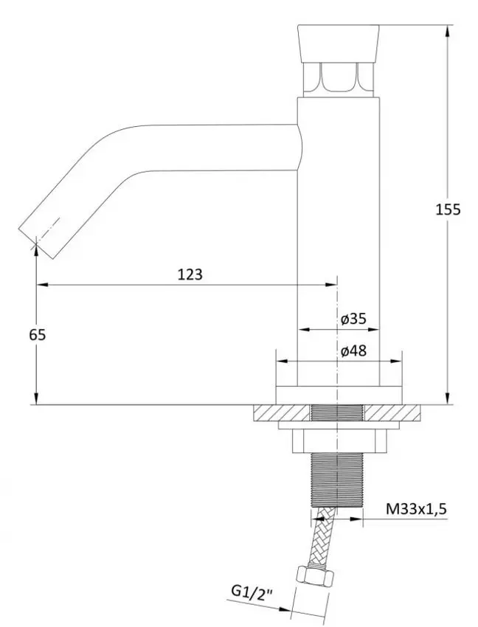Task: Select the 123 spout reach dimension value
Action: pyautogui.click(x=190, y=274)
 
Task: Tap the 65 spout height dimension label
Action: pyautogui.click(x=38, y=334)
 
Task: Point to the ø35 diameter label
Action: pyautogui.click(x=354, y=319)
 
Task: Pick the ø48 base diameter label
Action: pyautogui.click(x=354, y=351)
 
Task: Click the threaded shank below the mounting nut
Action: pyautogui.click(x=338, y=479)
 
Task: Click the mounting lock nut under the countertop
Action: pyautogui.click(x=338, y=440)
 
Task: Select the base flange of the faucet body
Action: pyautogui.click(x=338, y=395)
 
